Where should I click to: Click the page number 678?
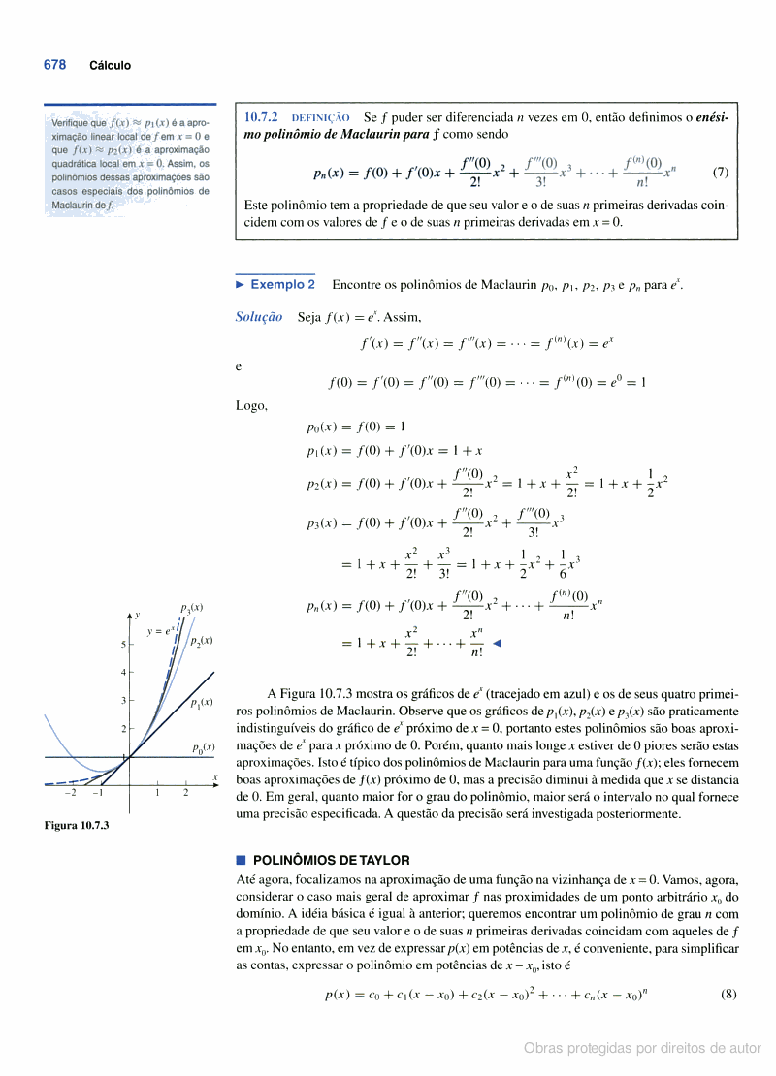coord(54,65)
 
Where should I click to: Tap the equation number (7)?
coord(720,173)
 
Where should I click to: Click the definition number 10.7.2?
coord(261,117)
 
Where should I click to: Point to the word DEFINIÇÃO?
coord(320,118)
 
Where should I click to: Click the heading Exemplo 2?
coord(282,285)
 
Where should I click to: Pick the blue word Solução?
coord(259,316)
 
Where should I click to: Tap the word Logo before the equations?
coord(251,405)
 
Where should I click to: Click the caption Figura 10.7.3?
coord(77,825)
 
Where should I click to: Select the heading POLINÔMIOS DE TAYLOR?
coord(331,860)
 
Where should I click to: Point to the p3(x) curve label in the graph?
coord(191,608)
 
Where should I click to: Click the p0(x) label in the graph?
coord(203,747)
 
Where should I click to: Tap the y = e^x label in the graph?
coord(160,631)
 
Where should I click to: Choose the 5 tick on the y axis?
coord(123,644)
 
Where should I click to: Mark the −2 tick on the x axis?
coord(70,792)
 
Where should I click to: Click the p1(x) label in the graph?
coord(202,702)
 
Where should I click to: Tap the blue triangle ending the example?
coord(498,643)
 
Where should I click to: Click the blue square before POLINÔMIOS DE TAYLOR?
coord(241,860)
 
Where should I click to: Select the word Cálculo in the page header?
coord(110,66)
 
